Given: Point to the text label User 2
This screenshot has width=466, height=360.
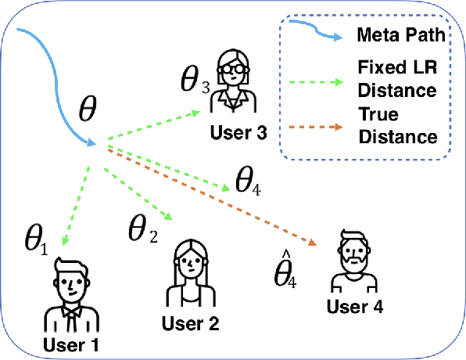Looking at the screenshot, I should (190, 322).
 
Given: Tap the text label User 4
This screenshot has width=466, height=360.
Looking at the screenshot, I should (355, 307).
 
